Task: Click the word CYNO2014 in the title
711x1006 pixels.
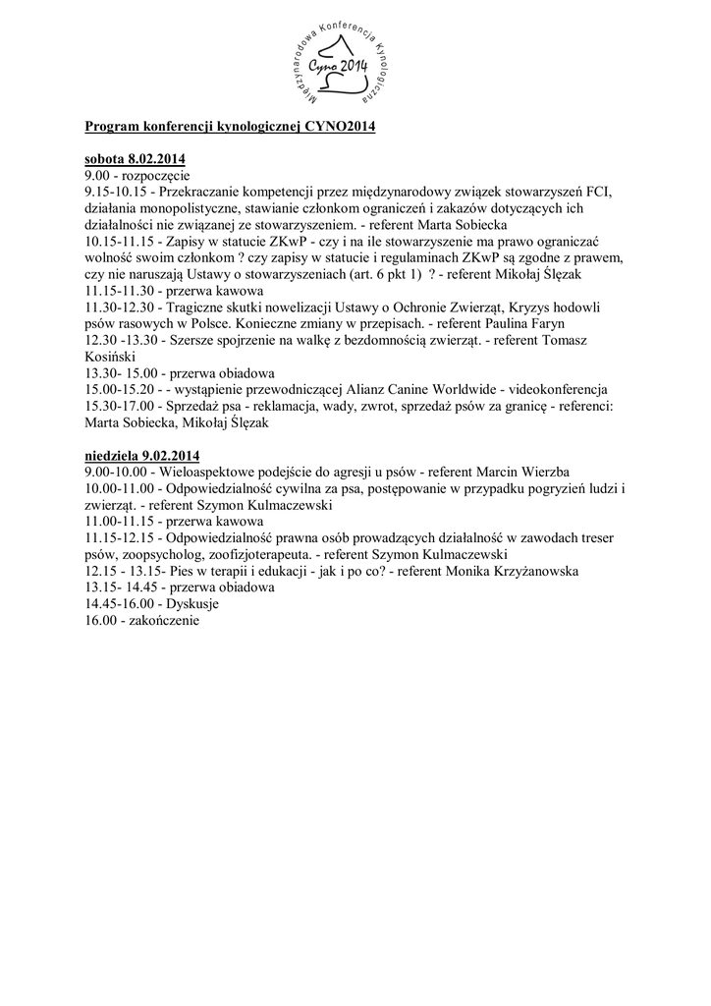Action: [333, 128]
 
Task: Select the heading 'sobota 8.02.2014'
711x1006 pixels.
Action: [135, 159]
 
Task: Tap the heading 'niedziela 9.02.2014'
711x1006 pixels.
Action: [142, 456]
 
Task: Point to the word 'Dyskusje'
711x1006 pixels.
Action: [192, 604]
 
